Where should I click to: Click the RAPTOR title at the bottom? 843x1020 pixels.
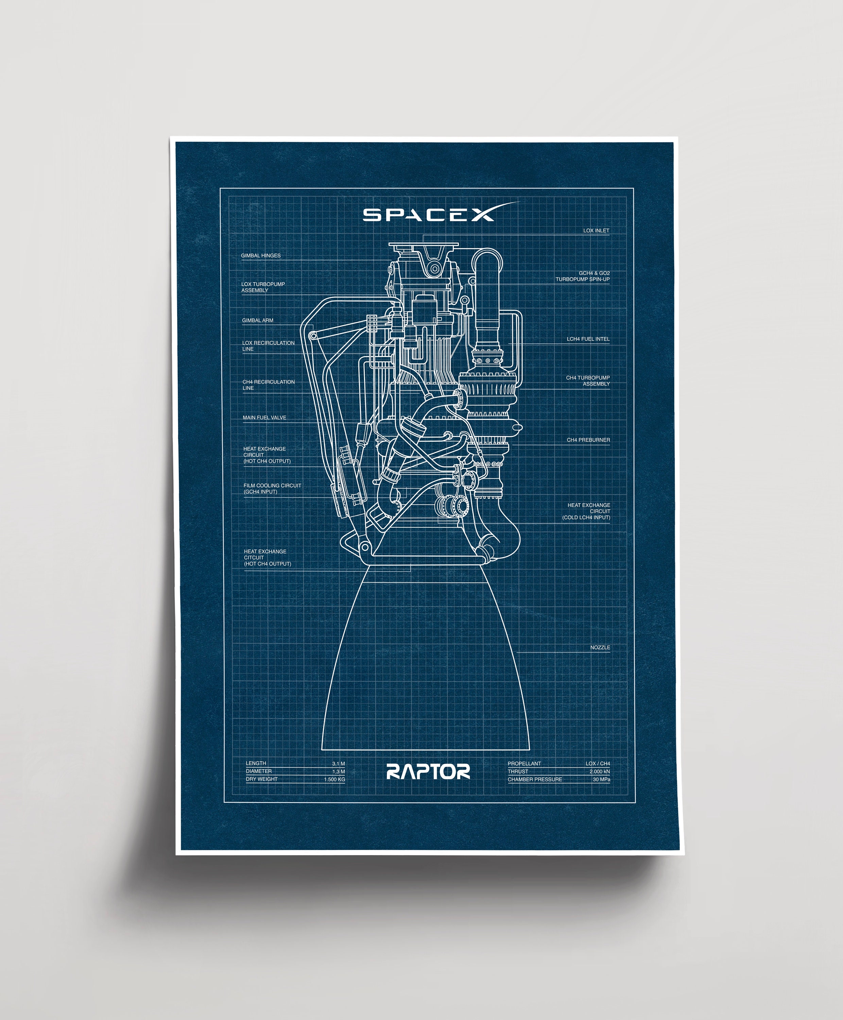tap(428, 771)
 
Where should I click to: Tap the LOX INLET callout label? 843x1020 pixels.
tap(596, 231)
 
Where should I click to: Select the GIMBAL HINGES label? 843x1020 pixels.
tap(261, 255)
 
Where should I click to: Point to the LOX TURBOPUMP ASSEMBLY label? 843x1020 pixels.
tap(263, 287)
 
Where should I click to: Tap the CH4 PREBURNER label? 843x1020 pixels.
tap(588, 440)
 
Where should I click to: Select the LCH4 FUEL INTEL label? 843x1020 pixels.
tap(588, 339)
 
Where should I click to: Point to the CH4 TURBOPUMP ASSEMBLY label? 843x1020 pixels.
tap(588, 381)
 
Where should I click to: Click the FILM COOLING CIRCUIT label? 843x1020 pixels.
tap(272, 489)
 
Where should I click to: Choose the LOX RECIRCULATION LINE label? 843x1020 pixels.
tap(268, 346)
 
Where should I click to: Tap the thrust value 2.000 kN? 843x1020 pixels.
tap(599, 771)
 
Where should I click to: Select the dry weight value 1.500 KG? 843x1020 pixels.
tap(334, 780)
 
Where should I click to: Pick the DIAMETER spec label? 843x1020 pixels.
tap(258, 771)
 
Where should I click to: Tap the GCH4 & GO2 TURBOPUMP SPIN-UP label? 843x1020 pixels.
tap(582, 276)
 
